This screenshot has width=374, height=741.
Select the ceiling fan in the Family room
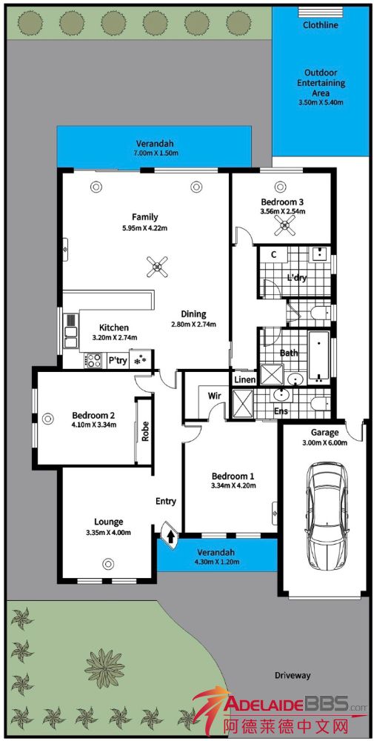click(157, 266)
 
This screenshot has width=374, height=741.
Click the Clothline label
click(321, 25)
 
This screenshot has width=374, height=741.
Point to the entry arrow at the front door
click(170, 536)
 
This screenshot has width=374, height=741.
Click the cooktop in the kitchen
click(93, 361)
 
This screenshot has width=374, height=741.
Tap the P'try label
click(118, 361)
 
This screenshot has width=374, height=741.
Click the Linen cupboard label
click(244, 379)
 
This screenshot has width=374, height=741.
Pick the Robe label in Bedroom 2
click(145, 431)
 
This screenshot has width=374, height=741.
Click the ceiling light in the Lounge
click(109, 563)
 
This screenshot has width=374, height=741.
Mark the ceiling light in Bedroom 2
click(47, 418)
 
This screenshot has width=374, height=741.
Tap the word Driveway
click(293, 675)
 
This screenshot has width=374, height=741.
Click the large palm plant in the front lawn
click(104, 668)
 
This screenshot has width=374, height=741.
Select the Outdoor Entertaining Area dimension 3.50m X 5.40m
click(321, 102)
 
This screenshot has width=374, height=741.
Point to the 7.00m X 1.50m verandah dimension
click(156, 153)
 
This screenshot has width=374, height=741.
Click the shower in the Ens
click(244, 404)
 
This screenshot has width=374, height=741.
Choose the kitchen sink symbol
click(70, 330)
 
